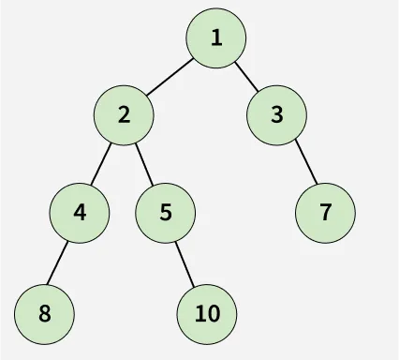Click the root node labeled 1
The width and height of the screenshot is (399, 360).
click(216, 38)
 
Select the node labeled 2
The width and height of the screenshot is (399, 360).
click(124, 115)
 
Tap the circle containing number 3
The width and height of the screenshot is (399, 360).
click(277, 115)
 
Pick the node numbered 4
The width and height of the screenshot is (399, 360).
click(80, 212)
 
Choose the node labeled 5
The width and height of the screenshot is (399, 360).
click(166, 212)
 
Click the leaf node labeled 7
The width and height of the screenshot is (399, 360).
click(325, 212)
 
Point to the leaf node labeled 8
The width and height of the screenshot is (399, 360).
click(45, 312)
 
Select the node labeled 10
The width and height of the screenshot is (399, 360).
click(208, 312)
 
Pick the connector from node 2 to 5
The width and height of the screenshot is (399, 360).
click(144, 163)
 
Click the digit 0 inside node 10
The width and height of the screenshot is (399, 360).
click(214, 313)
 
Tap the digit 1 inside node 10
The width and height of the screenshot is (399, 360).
click(200, 313)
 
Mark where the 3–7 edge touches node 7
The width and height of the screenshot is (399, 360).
click(312, 186)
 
